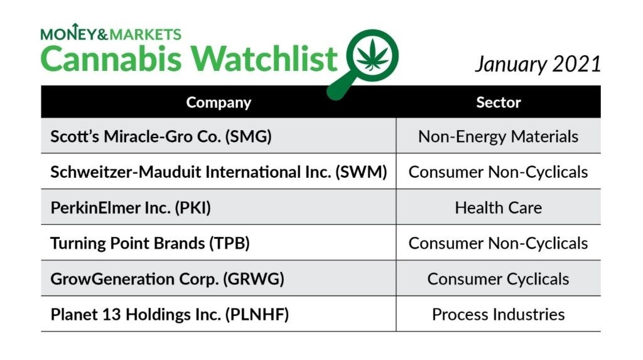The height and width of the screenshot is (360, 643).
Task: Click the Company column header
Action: point(219,102)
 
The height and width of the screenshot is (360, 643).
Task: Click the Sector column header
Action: point(498,102)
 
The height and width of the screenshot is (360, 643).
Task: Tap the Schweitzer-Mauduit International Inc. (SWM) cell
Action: point(219,172)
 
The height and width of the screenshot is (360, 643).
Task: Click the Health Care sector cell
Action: point(498,208)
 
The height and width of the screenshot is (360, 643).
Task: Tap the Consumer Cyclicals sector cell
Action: point(498,279)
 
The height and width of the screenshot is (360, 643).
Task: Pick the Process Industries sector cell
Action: point(498,314)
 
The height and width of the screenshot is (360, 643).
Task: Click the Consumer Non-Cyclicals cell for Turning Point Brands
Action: point(498,243)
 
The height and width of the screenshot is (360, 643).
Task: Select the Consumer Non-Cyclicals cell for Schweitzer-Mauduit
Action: point(498,172)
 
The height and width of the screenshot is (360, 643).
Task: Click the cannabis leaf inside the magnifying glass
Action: point(372,55)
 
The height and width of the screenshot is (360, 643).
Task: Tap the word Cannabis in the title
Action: point(111,58)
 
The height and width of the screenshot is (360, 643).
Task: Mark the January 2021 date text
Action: point(538,65)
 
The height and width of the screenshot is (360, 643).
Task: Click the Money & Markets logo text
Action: point(111,33)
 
